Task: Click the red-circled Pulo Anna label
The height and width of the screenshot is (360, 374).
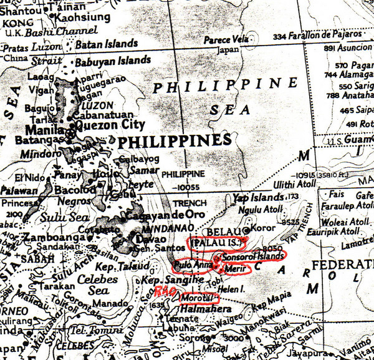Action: [193, 265]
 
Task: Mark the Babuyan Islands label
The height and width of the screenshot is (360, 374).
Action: [113, 61]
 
